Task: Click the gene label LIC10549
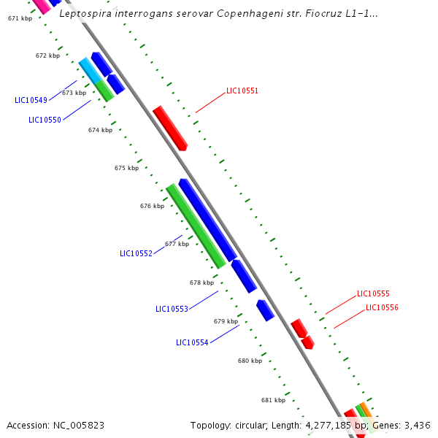31,100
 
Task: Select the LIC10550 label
45,120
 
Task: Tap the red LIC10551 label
242,91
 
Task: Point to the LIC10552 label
136,253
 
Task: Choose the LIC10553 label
172,309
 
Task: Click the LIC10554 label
192,342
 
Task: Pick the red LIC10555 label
373,293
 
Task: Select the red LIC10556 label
382,307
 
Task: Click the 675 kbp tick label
126,168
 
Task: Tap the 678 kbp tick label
201,283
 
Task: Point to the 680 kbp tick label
250,361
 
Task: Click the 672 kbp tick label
47,55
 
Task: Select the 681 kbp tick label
273,400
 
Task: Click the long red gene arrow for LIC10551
170,128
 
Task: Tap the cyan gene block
90,69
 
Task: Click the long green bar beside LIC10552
196,226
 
